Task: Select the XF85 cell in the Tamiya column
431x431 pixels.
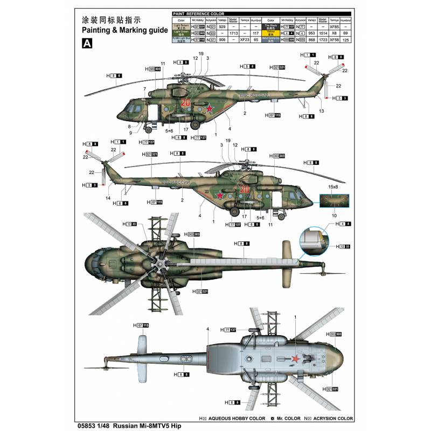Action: (x=334, y=26)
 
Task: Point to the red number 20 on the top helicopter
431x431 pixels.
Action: (x=186, y=103)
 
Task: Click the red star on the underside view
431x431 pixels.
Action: (x=295, y=360)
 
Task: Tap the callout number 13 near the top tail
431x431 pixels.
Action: (x=322, y=110)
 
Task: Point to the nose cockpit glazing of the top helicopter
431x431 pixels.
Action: (x=130, y=113)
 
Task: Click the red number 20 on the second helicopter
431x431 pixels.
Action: (x=245, y=189)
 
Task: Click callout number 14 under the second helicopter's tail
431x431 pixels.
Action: (x=108, y=199)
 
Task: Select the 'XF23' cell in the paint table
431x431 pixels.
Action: (x=245, y=39)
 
